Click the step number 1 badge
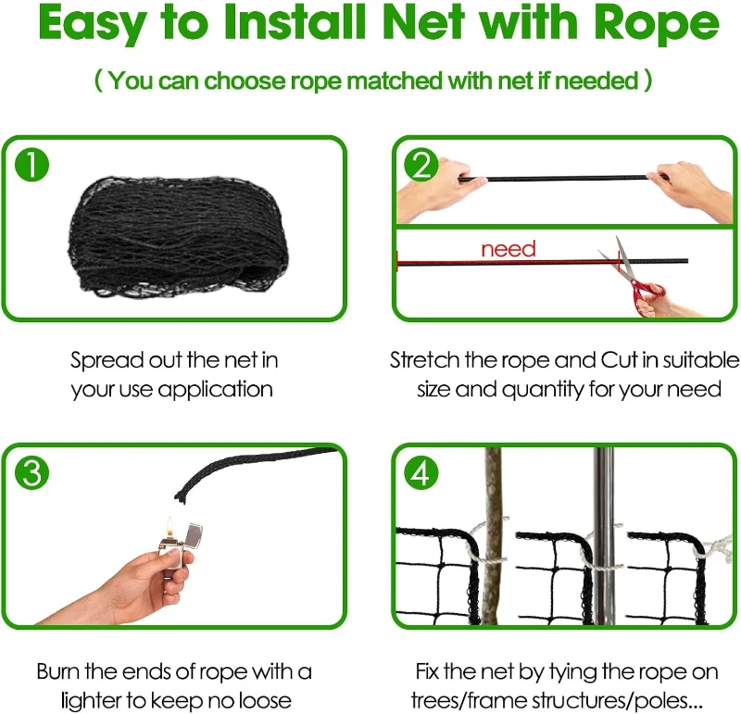point(32,166)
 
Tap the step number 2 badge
point(422,166)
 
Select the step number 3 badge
point(32,473)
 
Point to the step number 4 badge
point(422,473)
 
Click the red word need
point(508,248)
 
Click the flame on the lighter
point(170,523)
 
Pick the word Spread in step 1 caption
point(104,359)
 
